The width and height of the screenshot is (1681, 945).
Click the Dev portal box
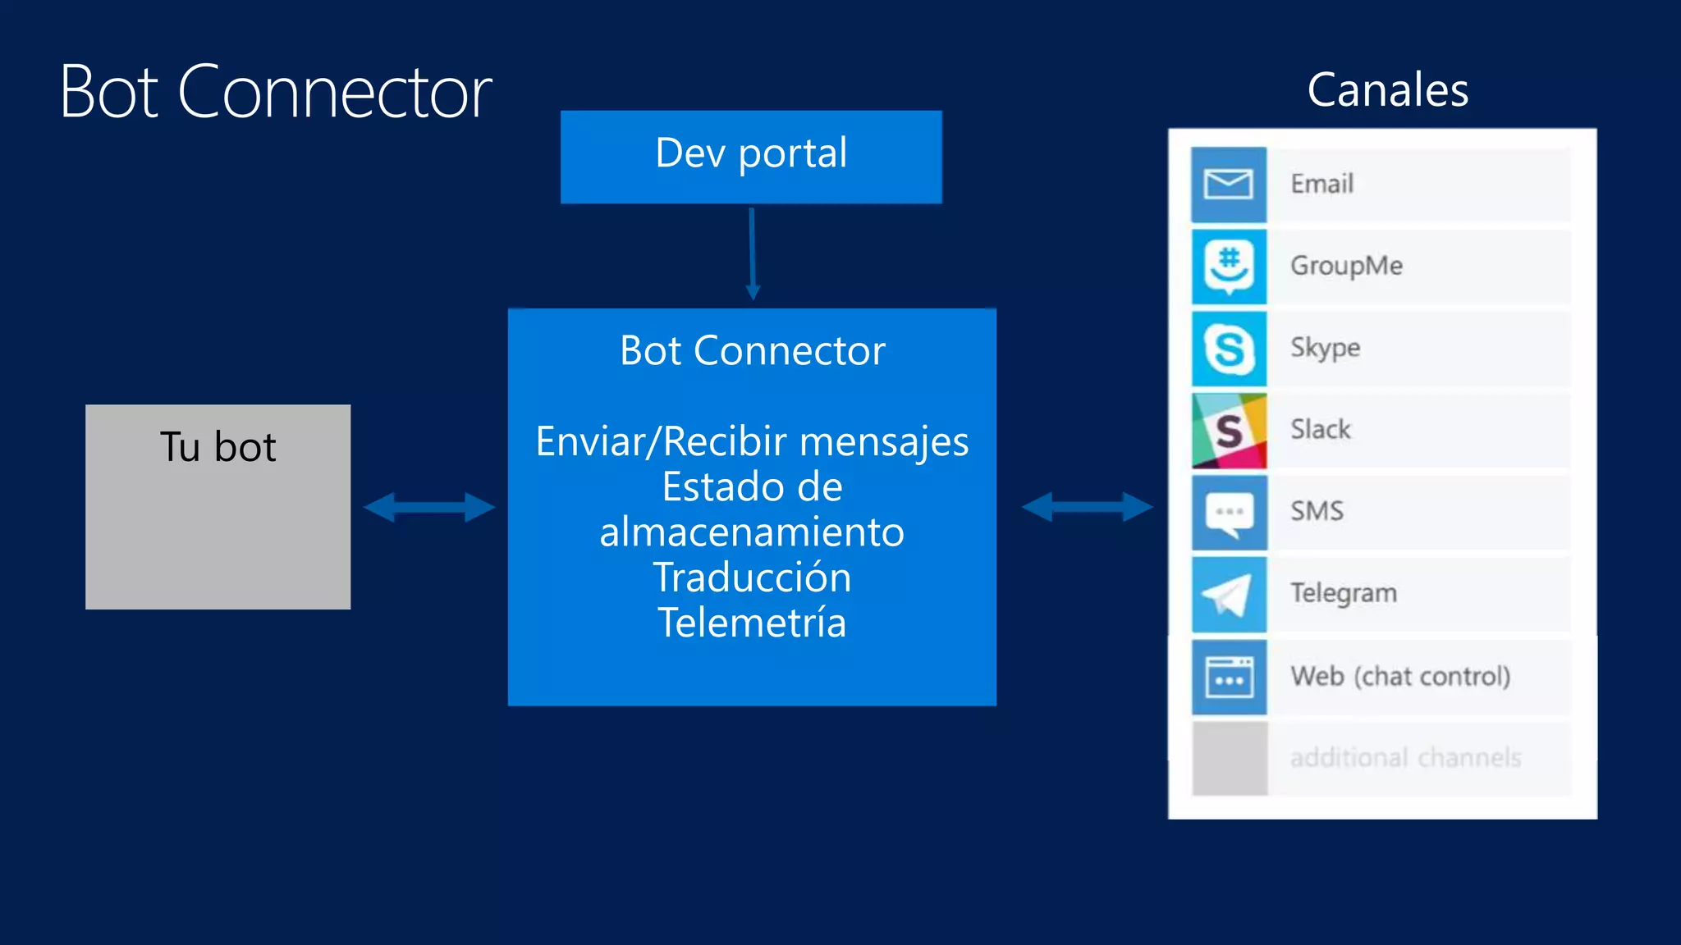click(x=751, y=157)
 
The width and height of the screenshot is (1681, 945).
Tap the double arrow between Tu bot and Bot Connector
click(x=429, y=507)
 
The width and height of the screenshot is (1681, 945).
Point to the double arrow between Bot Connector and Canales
click(x=1087, y=507)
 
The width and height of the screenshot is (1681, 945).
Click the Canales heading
click(x=1387, y=89)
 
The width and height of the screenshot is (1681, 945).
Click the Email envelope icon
click(x=1228, y=184)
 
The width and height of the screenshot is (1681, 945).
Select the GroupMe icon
click(x=1228, y=266)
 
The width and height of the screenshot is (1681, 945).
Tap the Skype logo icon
click(x=1228, y=348)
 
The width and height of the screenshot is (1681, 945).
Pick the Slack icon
click(x=1228, y=430)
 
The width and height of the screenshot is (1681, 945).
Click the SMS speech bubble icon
click(x=1228, y=512)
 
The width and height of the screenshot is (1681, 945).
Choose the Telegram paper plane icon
click(x=1228, y=594)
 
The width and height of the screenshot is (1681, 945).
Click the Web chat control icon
click(x=1228, y=676)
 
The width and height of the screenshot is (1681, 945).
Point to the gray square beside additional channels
click(x=1229, y=757)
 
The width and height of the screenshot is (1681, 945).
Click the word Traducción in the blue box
click(x=752, y=577)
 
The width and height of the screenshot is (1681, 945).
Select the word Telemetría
click(x=752, y=622)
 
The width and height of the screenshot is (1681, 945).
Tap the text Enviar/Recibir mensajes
click(x=752, y=441)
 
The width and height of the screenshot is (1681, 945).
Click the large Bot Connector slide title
click(x=276, y=92)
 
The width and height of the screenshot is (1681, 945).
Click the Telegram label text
click(x=1343, y=593)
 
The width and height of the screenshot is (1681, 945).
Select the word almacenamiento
click(x=752, y=532)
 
